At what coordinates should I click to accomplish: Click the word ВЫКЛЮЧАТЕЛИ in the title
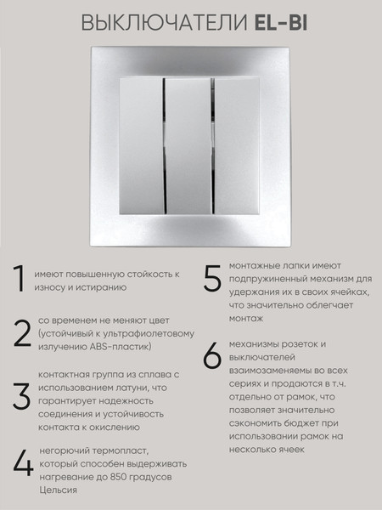(x=164, y=23)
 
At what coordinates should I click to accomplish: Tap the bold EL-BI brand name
(x=281, y=23)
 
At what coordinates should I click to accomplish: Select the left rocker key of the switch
(x=142, y=145)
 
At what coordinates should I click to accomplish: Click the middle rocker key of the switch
(x=188, y=145)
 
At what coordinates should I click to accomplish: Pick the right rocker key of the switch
(x=237, y=145)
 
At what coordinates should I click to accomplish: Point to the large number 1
(x=20, y=279)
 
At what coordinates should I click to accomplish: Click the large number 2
(x=22, y=333)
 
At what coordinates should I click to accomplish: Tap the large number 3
(x=22, y=396)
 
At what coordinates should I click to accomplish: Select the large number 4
(x=23, y=464)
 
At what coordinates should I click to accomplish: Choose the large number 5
(x=212, y=278)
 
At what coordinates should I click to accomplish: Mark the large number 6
(x=212, y=355)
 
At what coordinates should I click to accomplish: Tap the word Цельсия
(x=58, y=490)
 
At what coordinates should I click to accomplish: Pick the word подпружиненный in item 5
(x=269, y=279)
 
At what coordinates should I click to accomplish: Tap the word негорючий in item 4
(x=65, y=451)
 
